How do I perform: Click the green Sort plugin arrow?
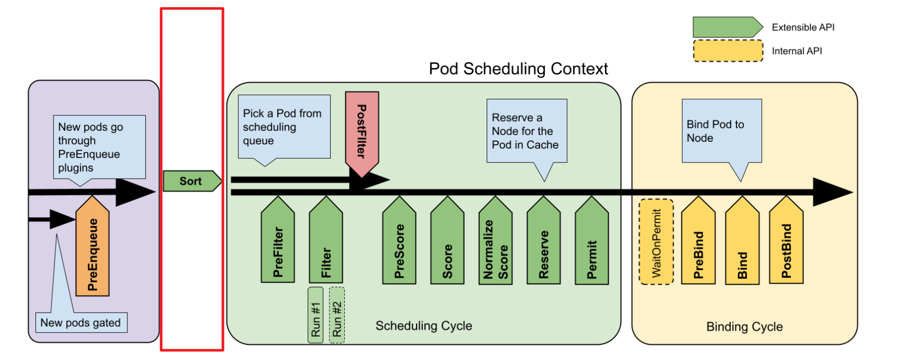(191, 181)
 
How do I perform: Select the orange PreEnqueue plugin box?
(92, 249)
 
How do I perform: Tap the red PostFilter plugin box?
(361, 130)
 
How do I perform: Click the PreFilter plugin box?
(278, 244)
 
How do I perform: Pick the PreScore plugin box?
(399, 244)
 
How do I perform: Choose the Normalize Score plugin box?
(495, 244)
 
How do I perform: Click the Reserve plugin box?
(543, 244)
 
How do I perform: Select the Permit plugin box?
(592, 244)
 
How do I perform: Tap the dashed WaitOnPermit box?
(656, 242)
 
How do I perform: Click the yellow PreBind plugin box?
(698, 244)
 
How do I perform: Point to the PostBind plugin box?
(786, 244)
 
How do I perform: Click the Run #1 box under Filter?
(315, 315)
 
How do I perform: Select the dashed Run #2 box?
(337, 315)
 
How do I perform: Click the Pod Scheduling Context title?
(518, 69)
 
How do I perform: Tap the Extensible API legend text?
(803, 27)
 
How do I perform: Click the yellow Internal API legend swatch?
(728, 51)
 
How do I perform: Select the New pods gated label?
(80, 323)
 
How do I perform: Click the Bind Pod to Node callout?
(721, 131)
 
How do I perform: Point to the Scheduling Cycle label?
(424, 326)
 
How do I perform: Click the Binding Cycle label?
(744, 327)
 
